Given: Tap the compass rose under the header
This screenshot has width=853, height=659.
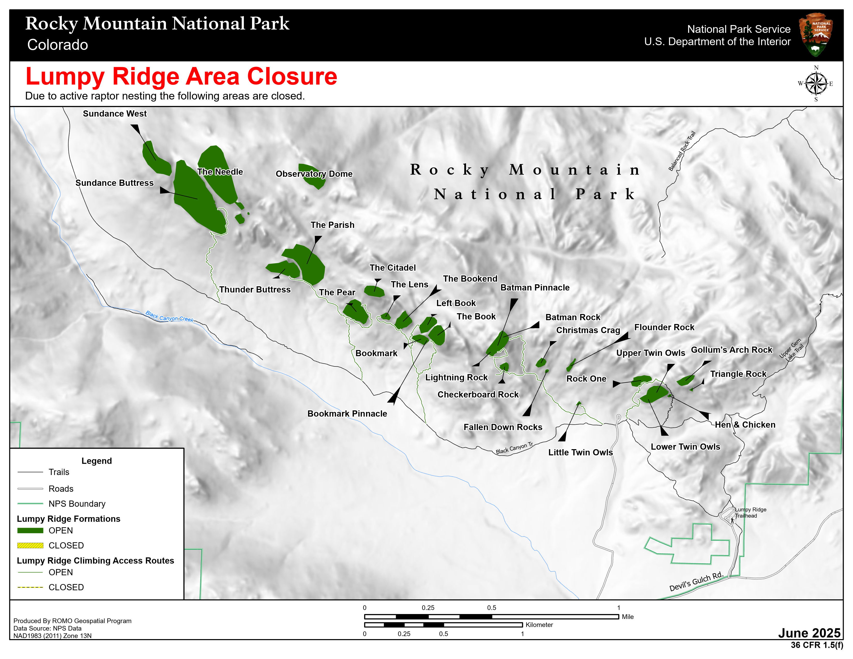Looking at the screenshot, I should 816,83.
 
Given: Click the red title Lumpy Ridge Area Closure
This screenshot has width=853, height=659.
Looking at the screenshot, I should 181,76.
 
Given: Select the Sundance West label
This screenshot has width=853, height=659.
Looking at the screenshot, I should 115,114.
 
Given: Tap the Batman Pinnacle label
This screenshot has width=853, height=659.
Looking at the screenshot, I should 535,287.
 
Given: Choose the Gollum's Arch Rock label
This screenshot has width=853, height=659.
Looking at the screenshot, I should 732,350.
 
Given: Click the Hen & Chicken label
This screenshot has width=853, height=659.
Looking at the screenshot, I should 745,425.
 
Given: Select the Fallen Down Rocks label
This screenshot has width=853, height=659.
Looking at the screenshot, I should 503,427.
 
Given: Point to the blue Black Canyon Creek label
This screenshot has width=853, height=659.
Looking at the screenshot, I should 169,316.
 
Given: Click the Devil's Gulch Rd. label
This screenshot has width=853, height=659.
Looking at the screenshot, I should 696,582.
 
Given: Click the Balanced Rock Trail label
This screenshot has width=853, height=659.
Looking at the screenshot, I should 682,151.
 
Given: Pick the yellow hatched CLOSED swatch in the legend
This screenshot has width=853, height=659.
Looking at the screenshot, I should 30,545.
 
